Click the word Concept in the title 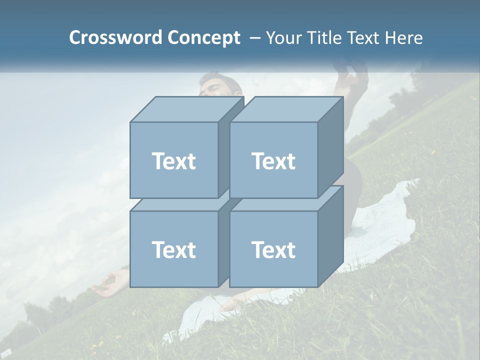point(203,38)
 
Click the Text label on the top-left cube point(173,161)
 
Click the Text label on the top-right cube point(273,161)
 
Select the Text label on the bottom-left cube point(173,249)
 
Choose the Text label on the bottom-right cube point(273,249)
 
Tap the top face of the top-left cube point(186,109)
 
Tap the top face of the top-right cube point(286,109)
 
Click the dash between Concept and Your point(254,38)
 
